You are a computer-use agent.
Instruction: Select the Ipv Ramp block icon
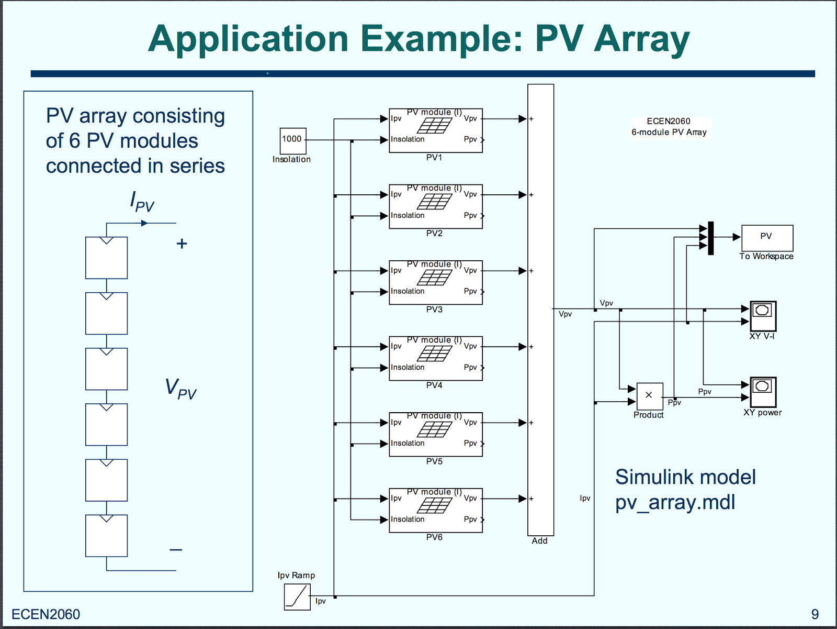point(297,597)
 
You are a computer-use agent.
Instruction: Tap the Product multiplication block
point(649,396)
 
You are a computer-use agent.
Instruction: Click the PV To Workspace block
point(766,238)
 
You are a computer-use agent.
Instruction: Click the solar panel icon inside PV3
point(434,278)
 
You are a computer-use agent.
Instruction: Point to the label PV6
point(434,537)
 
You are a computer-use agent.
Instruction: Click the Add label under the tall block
point(539,541)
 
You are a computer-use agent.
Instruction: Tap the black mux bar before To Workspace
point(710,238)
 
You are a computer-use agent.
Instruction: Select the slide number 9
point(815,614)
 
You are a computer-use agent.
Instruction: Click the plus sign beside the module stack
point(182,244)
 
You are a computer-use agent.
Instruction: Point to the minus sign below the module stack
point(176,550)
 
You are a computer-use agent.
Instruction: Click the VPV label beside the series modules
point(180,389)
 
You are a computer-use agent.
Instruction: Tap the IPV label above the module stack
point(142,201)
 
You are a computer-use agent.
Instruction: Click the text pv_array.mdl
point(675,502)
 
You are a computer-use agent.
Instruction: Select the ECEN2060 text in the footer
point(46,614)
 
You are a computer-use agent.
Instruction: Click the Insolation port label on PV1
point(408,139)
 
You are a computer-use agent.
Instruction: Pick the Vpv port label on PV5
point(470,422)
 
